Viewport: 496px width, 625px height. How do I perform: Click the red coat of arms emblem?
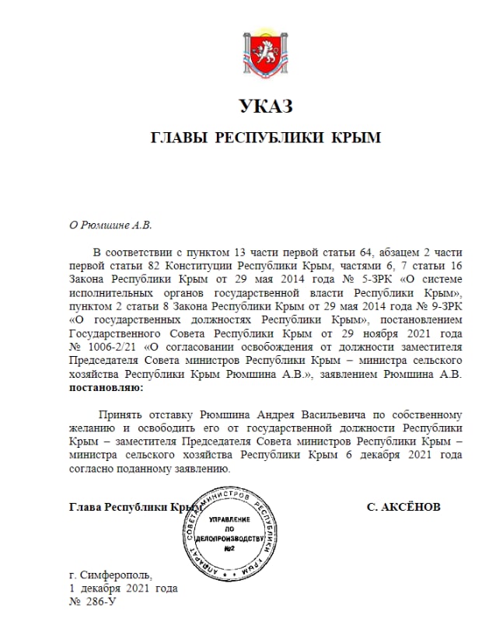pos(266,54)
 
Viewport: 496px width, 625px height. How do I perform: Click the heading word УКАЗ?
pos(266,107)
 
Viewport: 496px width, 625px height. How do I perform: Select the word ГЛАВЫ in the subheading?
pos(178,138)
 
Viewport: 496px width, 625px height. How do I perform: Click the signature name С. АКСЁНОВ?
pos(403,507)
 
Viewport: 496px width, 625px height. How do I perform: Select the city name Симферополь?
pos(117,574)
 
